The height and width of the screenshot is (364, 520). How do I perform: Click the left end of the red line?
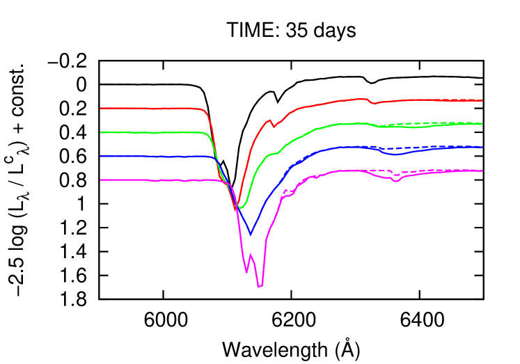pos(101,108)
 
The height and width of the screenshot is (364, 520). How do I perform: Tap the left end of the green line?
pos(101,132)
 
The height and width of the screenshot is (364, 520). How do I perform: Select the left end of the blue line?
pos(101,156)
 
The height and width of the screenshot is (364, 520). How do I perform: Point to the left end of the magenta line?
pos(101,180)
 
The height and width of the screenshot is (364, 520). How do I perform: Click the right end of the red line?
pos(482,100)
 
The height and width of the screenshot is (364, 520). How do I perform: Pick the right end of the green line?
pos(482,124)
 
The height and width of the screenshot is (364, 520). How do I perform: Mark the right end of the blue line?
pos(482,148)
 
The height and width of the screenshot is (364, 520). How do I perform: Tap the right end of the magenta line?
pos(482,171)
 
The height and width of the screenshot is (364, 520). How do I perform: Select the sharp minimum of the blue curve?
pos(251,235)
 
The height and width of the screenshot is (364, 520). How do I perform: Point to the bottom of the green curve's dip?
pos(240,207)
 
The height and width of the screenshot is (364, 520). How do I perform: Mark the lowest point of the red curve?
pos(236,209)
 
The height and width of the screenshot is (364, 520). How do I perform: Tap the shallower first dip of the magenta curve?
pos(246,272)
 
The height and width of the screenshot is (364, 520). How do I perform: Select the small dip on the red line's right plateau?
pos(374,104)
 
